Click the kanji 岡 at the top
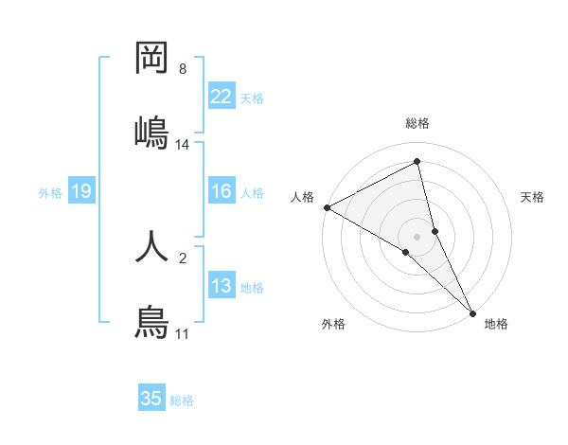tap(151, 59)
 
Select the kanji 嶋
tap(151, 131)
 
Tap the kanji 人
tap(151, 244)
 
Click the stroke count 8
tap(183, 69)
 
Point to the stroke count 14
tap(183, 145)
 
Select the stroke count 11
tap(183, 334)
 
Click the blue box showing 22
tap(222, 97)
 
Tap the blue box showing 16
tap(222, 192)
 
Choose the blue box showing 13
tap(222, 287)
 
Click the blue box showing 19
tap(81, 192)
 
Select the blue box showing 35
tap(151, 399)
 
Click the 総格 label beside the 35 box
tap(183, 400)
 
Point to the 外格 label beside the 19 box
tap(50, 193)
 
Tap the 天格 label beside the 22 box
tap(252, 98)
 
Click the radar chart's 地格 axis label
tap(496, 324)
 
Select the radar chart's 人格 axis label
tap(302, 197)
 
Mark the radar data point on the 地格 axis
tap(472, 311)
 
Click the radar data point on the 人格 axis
tap(327, 207)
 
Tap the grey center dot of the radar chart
tap(417, 236)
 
